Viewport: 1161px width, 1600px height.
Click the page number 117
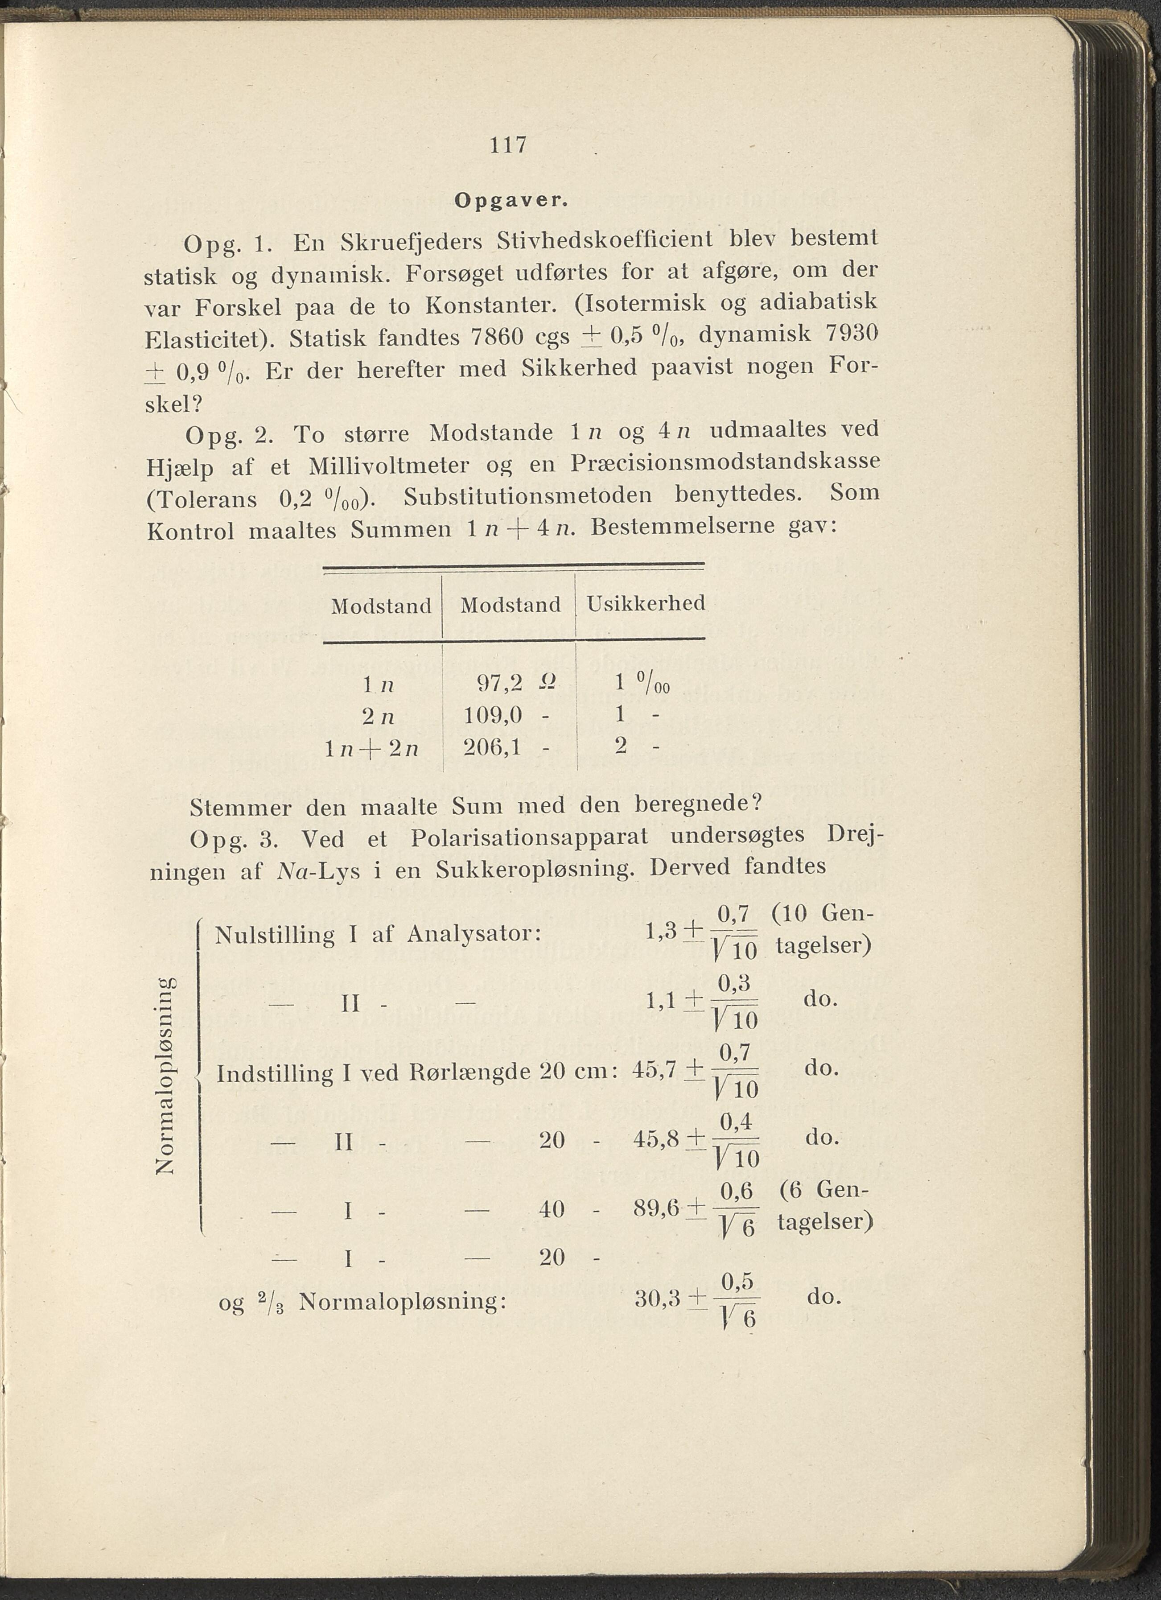point(508,145)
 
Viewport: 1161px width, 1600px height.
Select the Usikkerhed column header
point(646,603)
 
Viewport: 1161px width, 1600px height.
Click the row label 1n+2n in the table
point(372,749)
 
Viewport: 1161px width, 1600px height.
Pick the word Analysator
point(474,935)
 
